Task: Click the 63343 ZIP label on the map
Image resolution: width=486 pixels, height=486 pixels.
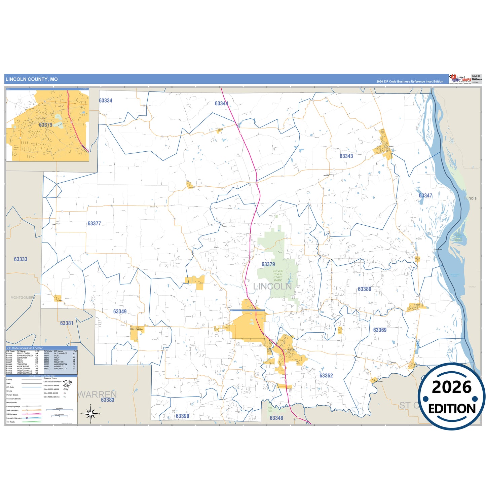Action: (346, 156)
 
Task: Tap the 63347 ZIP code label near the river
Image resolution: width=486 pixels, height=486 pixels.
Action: (425, 196)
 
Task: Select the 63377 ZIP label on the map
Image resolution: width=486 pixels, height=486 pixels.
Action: (94, 224)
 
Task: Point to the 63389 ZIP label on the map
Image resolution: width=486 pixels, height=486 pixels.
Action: (365, 289)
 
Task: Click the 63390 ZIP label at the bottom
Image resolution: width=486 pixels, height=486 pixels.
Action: (182, 416)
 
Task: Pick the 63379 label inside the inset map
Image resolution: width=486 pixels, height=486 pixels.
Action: (45, 125)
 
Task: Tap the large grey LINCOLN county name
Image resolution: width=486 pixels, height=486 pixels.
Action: (272, 287)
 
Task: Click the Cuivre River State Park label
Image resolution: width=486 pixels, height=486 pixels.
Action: (278, 275)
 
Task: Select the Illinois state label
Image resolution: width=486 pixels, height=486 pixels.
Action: (470, 198)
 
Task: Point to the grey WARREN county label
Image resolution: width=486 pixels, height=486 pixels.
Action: (97, 394)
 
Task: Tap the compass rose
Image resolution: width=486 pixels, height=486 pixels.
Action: (90, 413)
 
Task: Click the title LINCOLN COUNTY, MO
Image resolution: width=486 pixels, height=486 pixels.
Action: (32, 79)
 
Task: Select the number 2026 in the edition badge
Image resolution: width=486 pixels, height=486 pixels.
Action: (451, 387)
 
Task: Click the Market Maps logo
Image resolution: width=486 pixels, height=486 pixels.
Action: (460, 79)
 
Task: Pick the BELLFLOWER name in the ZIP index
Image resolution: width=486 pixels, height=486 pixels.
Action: (23, 353)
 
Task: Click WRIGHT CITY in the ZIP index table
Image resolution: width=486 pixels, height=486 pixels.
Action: (61, 369)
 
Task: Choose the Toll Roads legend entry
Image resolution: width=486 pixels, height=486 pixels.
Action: (11, 422)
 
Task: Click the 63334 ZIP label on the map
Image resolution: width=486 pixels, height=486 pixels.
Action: (106, 101)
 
